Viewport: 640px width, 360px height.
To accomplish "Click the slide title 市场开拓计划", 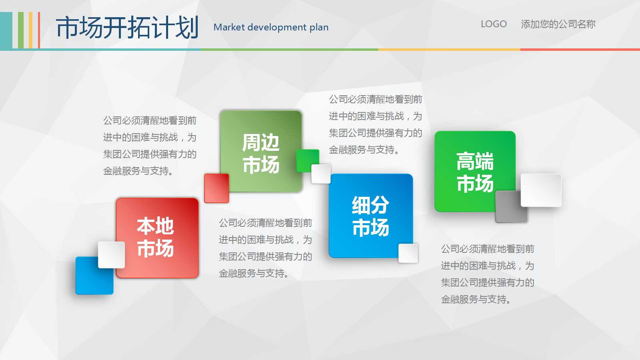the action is [x=127, y=28].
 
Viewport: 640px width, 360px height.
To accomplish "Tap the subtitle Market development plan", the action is [x=271, y=28].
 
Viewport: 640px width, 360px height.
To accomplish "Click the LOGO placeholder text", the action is [x=494, y=24].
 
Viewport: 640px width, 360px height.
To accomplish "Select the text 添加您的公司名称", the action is [x=558, y=24].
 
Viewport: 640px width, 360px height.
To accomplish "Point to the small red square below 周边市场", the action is [x=217, y=188].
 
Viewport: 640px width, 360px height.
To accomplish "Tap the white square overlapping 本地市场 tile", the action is [x=111, y=255].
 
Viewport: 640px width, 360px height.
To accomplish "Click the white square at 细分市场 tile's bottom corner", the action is [x=408, y=253].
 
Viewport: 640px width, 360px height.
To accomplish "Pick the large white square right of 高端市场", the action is [x=541, y=190].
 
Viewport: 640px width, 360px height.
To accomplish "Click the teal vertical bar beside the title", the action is [x=6, y=30].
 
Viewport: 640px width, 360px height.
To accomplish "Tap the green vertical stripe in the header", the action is [x=20, y=30].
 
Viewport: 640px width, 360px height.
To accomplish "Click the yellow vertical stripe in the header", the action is [x=30, y=30].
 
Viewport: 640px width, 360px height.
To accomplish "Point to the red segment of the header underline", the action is [x=580, y=50].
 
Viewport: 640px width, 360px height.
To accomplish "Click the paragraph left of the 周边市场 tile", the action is [x=150, y=146].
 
